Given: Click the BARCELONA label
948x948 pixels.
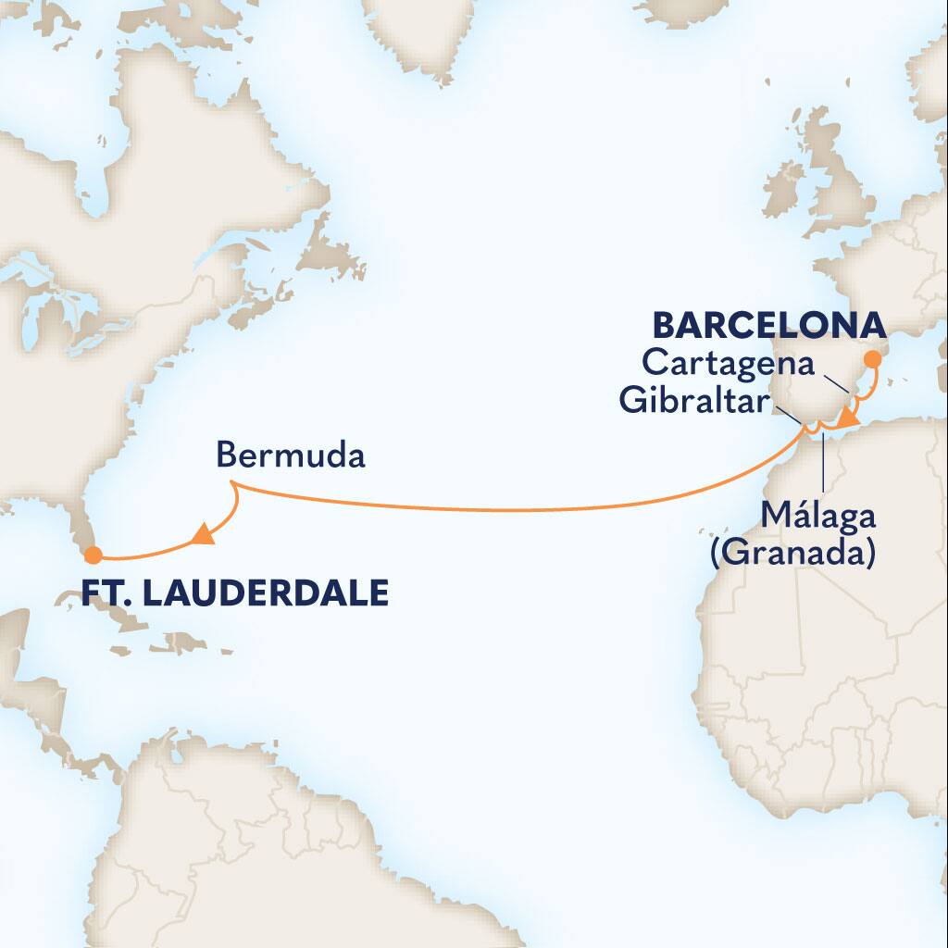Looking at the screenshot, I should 767,326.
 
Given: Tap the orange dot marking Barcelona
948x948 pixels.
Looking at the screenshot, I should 871,358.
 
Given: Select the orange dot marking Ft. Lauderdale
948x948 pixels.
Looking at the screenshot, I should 92,555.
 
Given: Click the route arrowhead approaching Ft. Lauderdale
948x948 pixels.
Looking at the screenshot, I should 204,534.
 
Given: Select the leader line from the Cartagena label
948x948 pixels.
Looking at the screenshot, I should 841,381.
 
